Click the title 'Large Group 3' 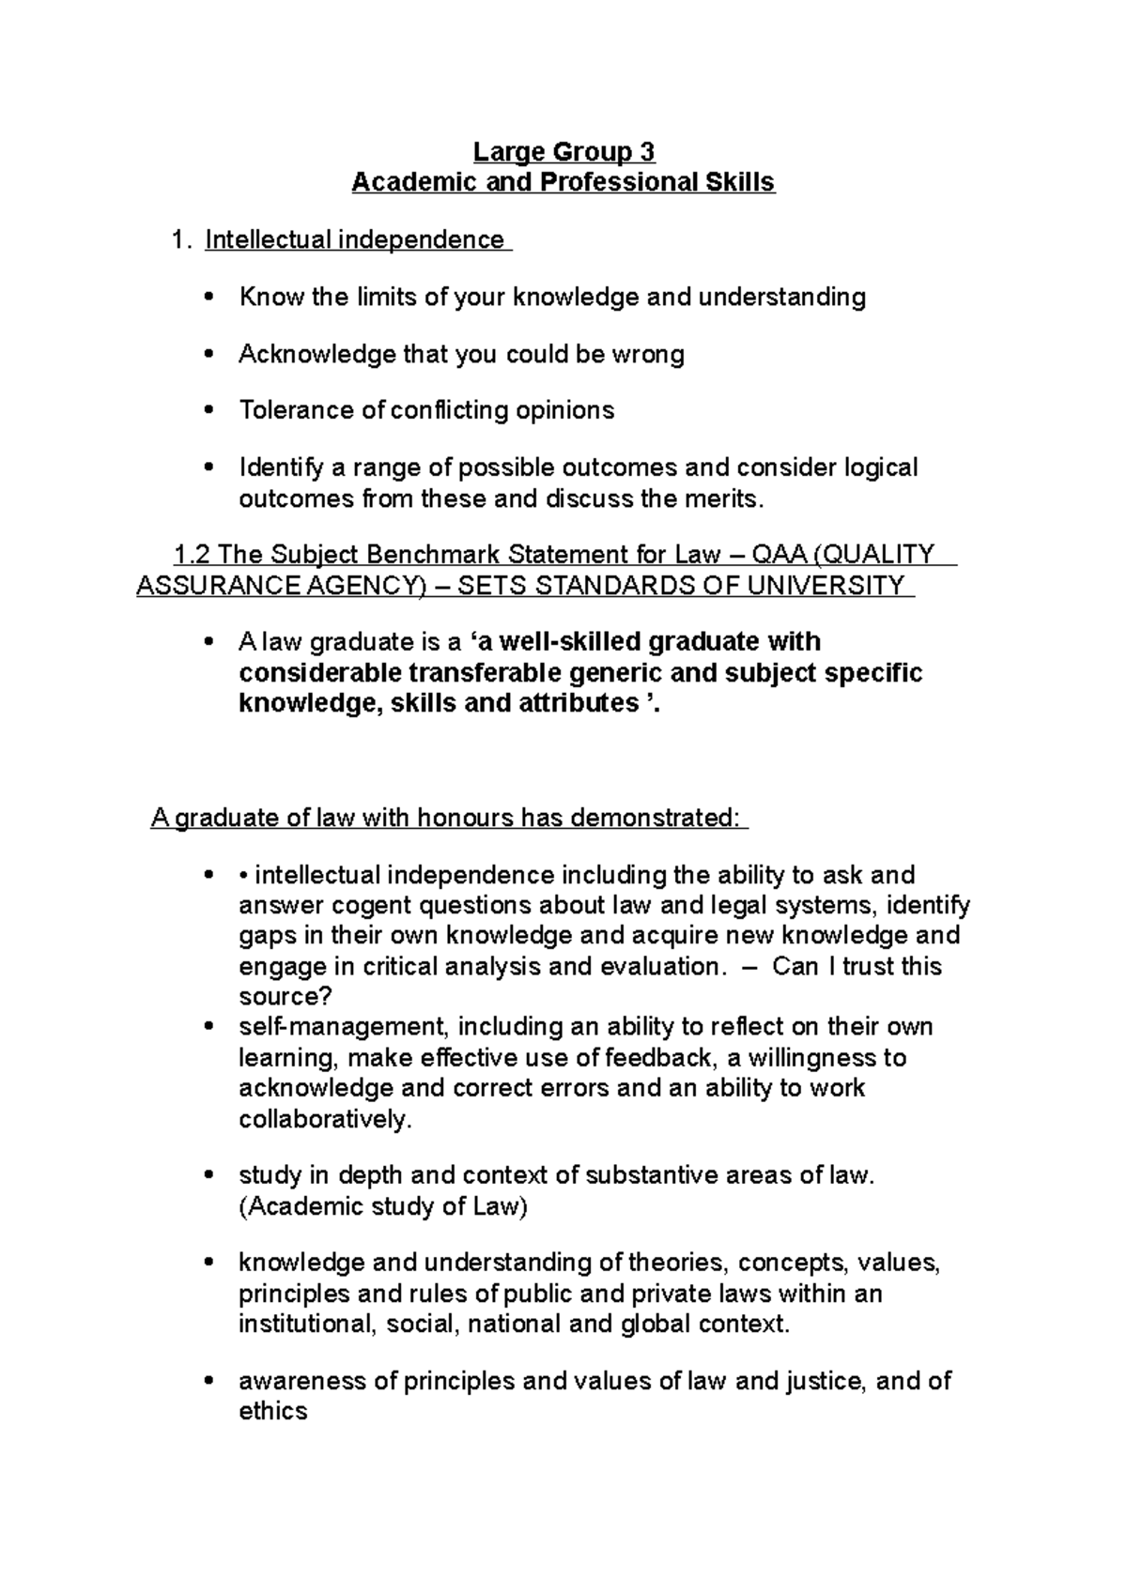[563, 152]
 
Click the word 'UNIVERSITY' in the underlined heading [830, 587]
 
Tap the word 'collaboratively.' [325, 1120]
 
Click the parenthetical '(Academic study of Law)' [383, 1207]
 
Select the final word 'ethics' [273, 1412]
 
